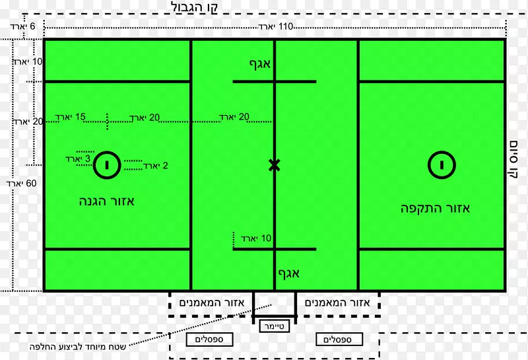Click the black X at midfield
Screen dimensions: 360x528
[275, 164]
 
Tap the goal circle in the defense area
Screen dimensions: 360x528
[106, 164]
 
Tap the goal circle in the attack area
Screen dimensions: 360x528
[443, 164]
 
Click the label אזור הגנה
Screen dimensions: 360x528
[106, 201]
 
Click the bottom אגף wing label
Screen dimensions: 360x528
[288, 272]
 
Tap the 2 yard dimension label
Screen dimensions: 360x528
[156, 166]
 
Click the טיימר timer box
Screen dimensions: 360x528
[274, 326]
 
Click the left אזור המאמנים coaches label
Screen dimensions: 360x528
[212, 303]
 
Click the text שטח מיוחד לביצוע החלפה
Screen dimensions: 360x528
[86, 346]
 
